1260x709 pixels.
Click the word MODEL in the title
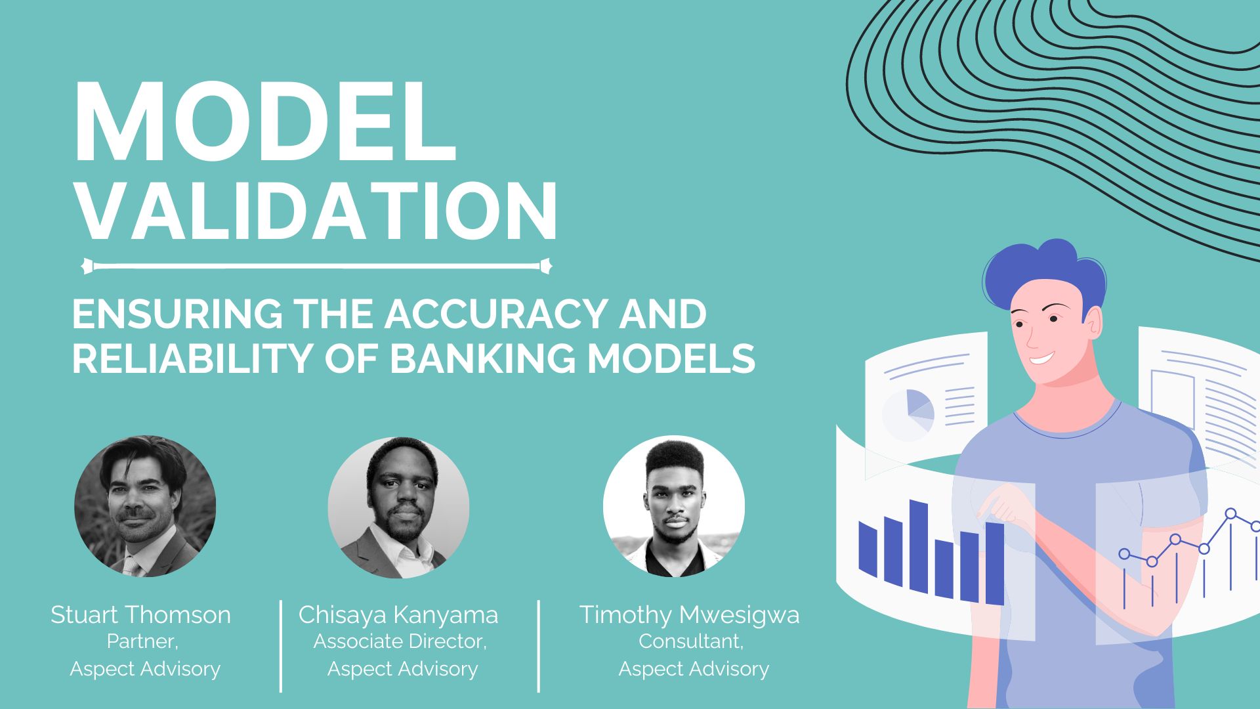point(265,122)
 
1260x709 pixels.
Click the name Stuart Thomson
point(140,615)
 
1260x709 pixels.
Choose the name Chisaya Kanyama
point(398,615)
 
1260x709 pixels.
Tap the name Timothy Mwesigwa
point(690,615)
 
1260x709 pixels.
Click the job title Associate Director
point(400,641)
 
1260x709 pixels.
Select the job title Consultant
point(691,641)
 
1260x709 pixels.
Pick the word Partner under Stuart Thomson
point(142,641)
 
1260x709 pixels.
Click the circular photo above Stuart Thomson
point(145,506)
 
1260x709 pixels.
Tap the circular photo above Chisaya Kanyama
point(398,507)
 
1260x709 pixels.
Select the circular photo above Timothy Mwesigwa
point(674,506)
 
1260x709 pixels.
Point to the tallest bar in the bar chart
point(918,546)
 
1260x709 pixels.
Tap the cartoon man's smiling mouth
point(1043,358)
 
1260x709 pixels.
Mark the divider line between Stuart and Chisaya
point(281,646)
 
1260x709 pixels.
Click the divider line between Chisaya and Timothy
point(539,646)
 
